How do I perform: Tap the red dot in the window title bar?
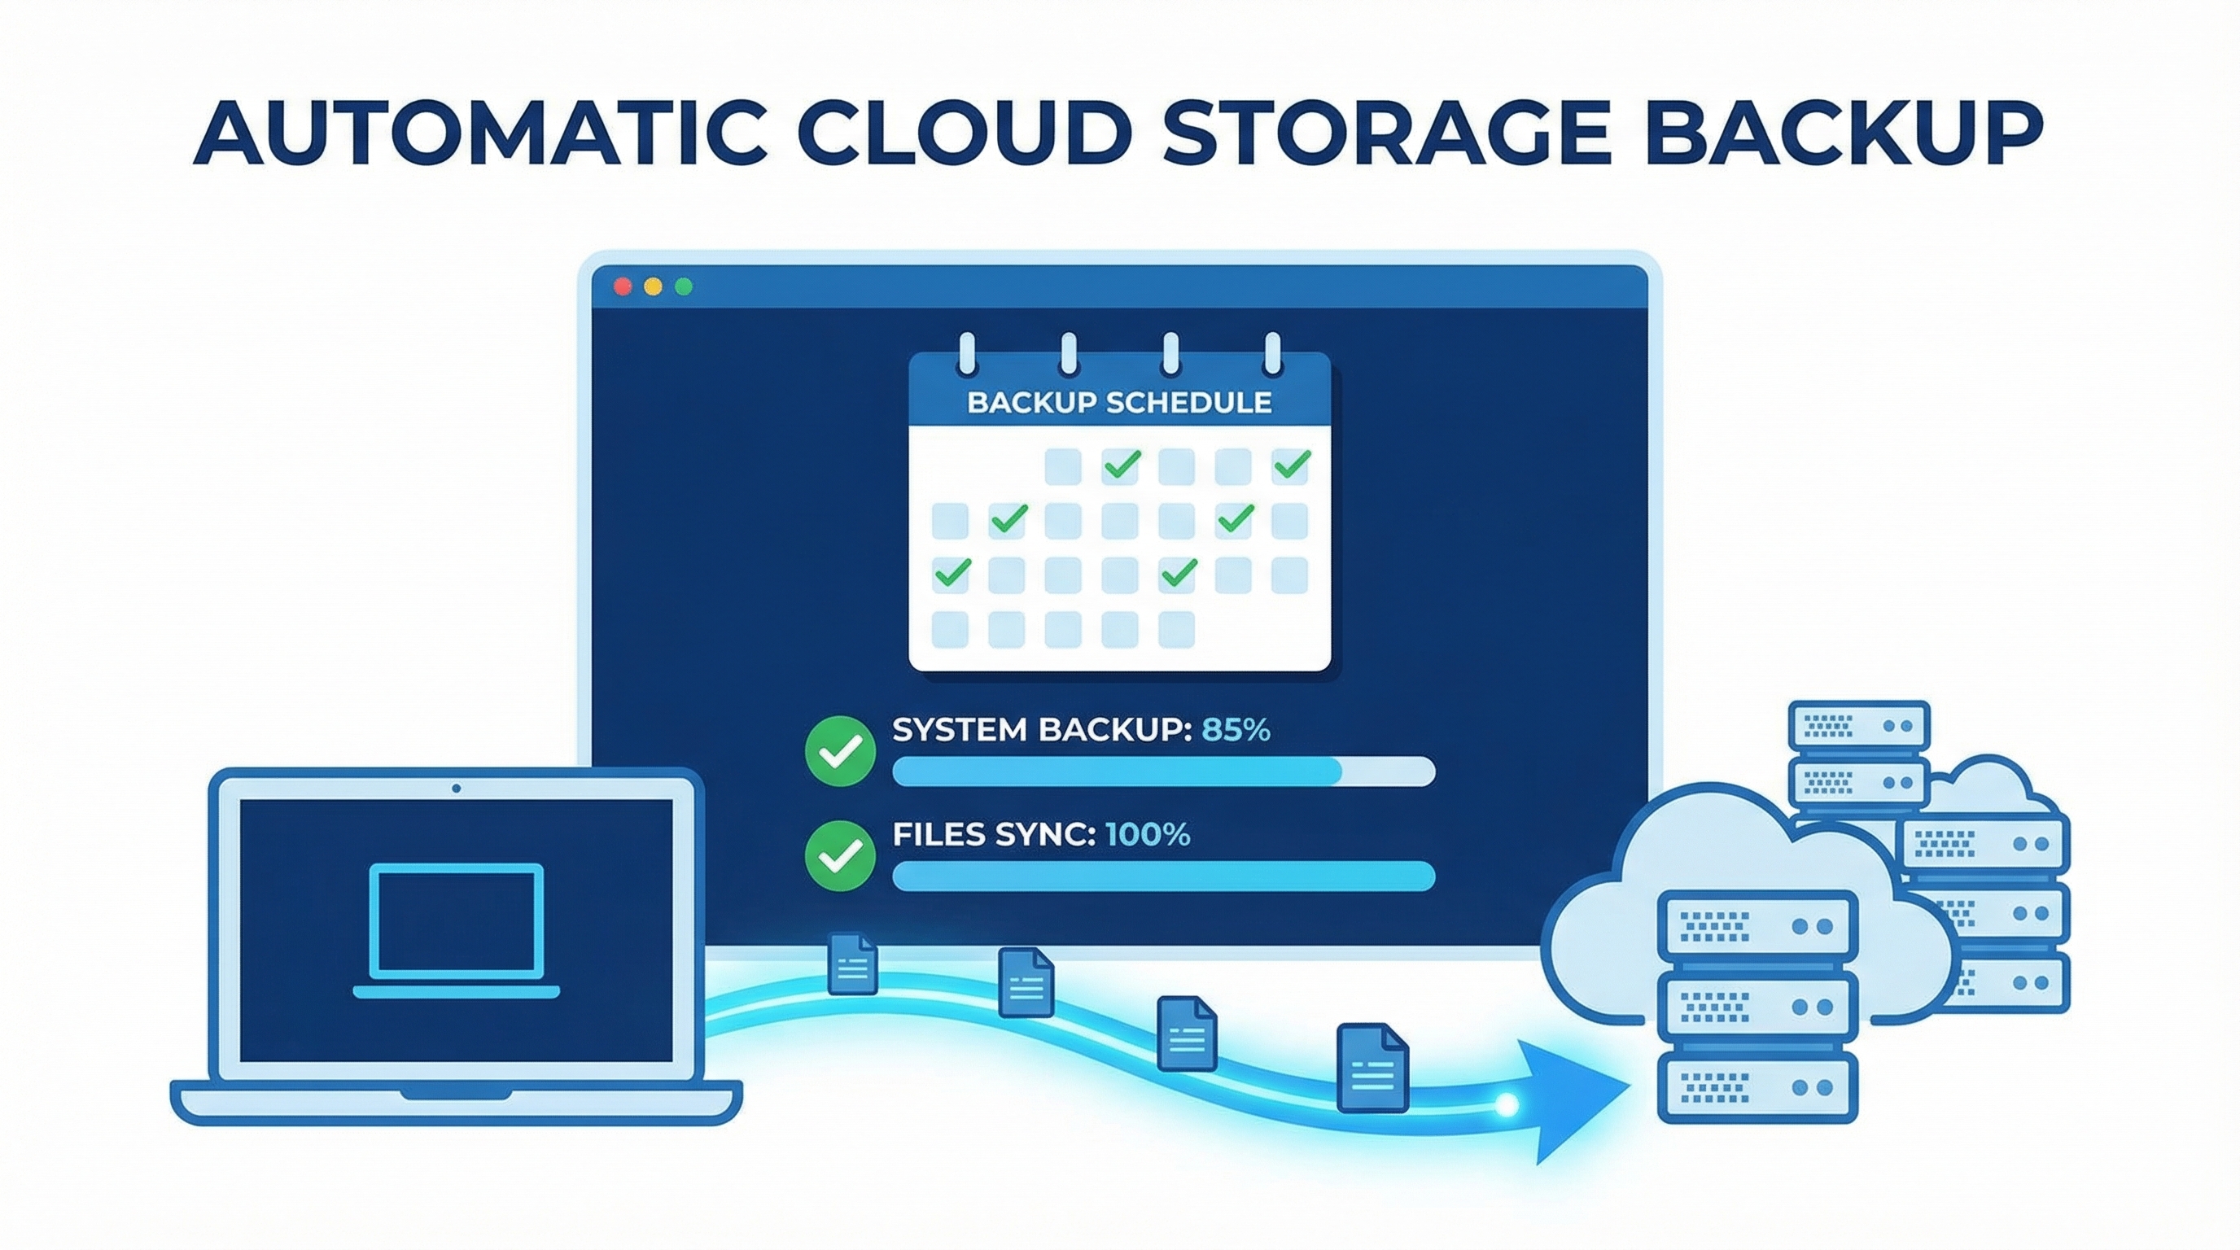623,286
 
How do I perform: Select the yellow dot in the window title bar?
653,286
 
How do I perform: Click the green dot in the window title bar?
684,286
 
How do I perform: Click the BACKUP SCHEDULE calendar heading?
1119,403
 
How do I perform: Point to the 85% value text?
1236,729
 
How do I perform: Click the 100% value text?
1147,834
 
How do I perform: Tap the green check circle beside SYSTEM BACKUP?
840,751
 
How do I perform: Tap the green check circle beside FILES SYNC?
840,855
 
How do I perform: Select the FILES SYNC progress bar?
1162,876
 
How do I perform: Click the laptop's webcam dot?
457,789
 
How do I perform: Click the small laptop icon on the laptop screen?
457,930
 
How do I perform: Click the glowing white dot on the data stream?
1507,1106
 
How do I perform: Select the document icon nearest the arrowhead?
1372,1069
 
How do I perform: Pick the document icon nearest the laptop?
852,964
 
